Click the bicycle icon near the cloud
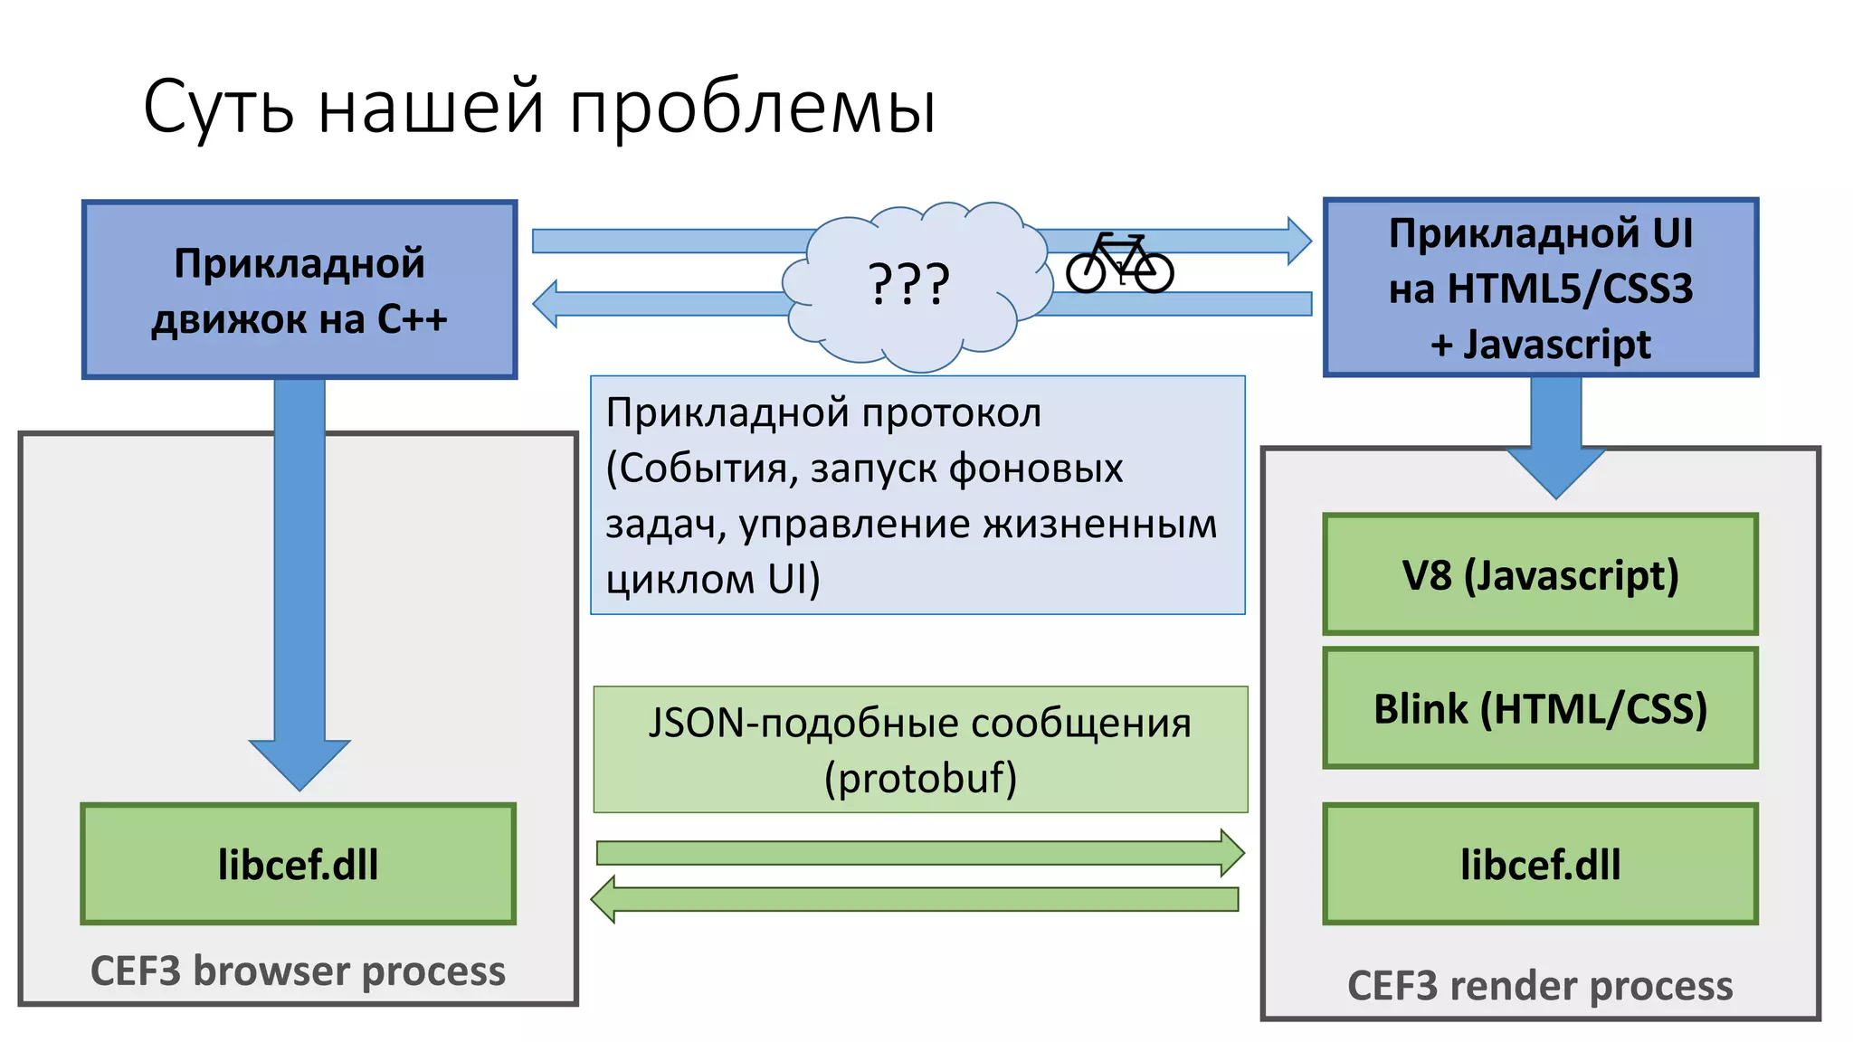click(1119, 263)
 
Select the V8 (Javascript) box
click(1540, 575)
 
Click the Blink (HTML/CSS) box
click(1540, 708)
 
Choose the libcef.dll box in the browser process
click(298, 865)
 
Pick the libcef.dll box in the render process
click(1540, 865)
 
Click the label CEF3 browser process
click(298, 971)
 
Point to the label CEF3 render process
click(1540, 986)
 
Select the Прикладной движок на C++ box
click(299, 289)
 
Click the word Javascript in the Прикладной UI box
click(1557, 345)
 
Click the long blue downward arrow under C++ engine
click(299, 579)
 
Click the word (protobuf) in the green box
click(920, 778)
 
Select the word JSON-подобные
click(795, 724)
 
